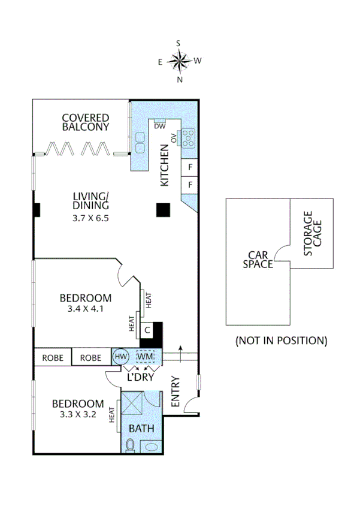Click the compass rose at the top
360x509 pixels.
pos(179,60)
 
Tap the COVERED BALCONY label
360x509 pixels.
pos(86,122)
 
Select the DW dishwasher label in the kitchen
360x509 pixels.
pos(159,127)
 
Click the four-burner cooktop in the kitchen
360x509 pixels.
pos(188,138)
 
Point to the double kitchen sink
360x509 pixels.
pos(141,144)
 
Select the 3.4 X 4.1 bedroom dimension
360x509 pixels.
pos(85,311)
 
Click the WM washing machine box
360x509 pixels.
pos(145,357)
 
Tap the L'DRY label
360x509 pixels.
pos(142,378)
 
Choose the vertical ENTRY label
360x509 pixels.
pos(176,391)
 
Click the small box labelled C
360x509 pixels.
pos(146,330)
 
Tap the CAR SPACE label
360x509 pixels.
pos(258,259)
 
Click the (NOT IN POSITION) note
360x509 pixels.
pos(281,341)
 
